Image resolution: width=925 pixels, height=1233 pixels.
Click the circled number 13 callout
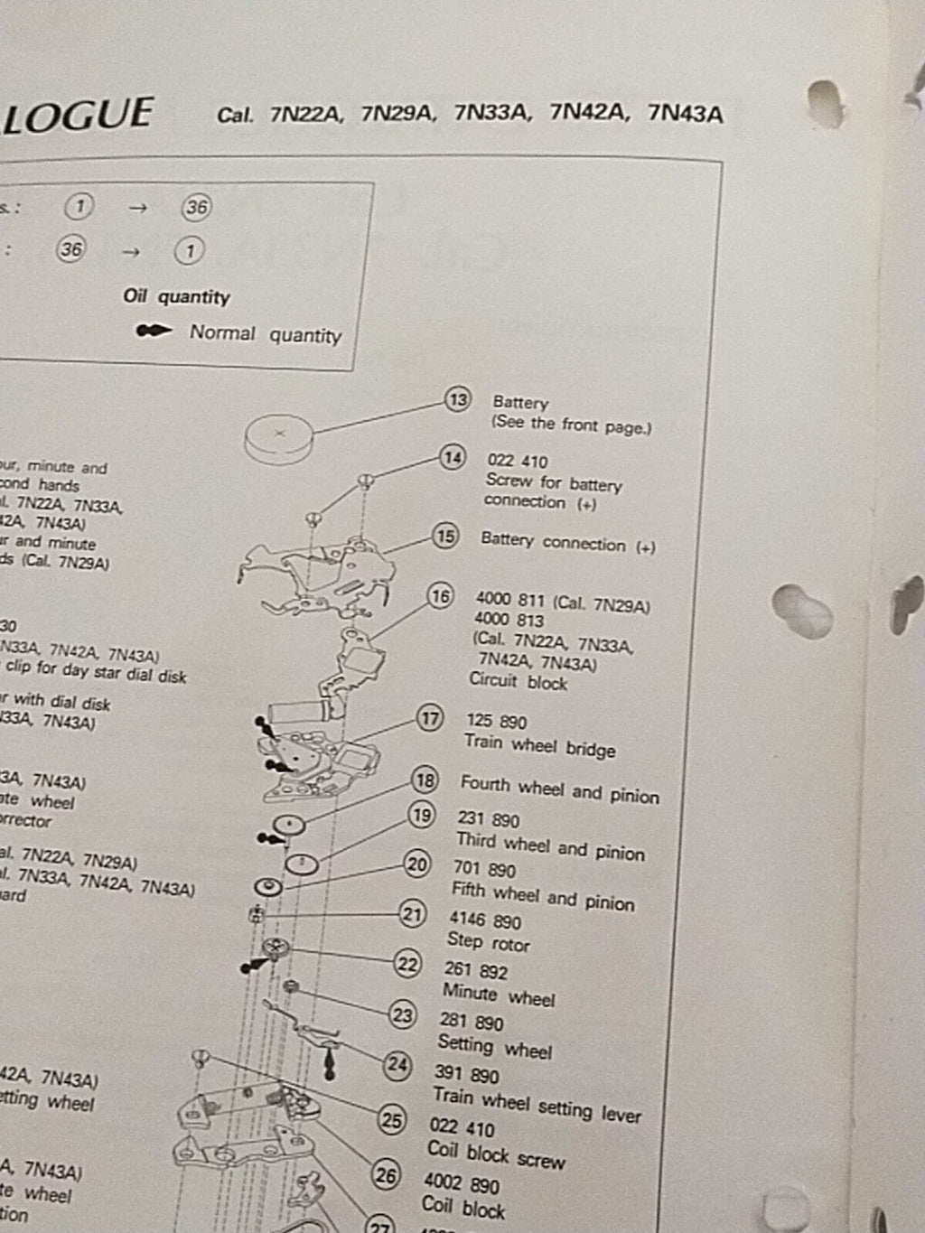[x=458, y=399]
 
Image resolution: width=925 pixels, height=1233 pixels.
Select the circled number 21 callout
[x=412, y=914]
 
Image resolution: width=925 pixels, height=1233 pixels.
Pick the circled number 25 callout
[x=391, y=1121]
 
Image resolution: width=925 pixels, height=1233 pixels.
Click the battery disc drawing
[x=279, y=436]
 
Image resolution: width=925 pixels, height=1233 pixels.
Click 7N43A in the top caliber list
[x=686, y=115]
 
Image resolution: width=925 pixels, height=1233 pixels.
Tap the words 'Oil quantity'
[x=177, y=296]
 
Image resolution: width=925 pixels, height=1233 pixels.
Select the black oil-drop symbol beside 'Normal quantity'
[x=154, y=332]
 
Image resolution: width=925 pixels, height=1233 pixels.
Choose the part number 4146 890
[x=485, y=920]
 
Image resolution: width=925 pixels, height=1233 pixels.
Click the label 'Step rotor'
[x=488, y=942]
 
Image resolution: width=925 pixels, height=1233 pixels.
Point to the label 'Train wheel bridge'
[x=539, y=746]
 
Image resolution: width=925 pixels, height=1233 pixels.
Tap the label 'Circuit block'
[x=518, y=682]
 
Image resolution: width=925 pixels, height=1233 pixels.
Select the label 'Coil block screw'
[x=496, y=1154]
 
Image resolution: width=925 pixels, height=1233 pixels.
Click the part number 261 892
[x=475, y=971]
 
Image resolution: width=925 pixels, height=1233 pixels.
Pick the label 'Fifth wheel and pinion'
[x=543, y=896]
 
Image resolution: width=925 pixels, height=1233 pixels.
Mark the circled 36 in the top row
[x=196, y=208]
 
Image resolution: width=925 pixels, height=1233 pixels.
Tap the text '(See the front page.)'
[x=571, y=425]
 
